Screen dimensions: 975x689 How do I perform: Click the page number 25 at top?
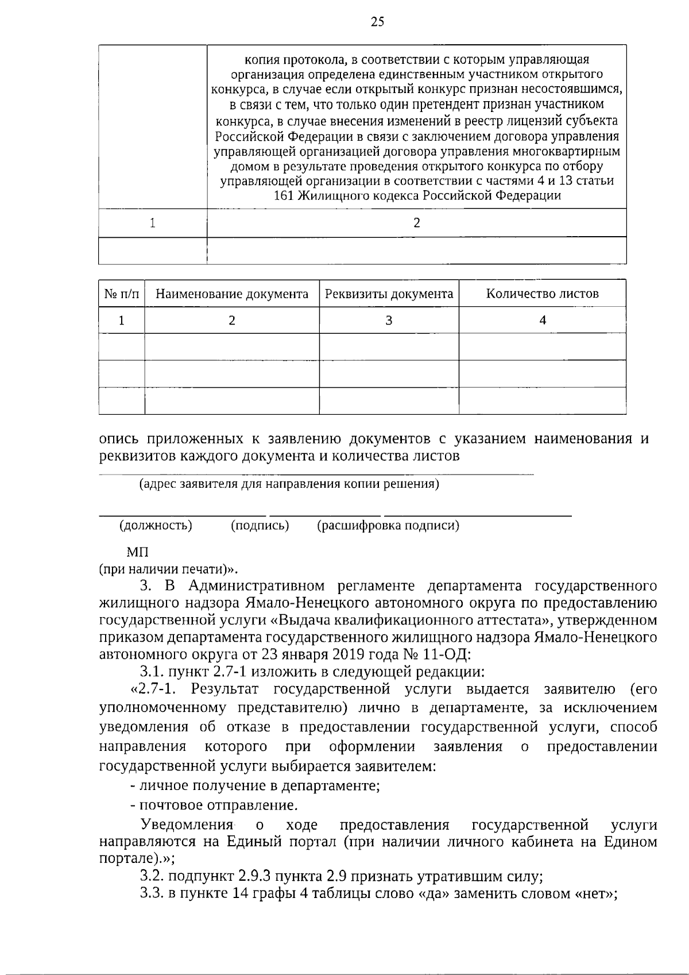coord(377,22)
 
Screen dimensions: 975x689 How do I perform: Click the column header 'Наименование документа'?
coord(232,294)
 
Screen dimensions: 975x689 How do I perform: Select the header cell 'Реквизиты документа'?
coord(389,294)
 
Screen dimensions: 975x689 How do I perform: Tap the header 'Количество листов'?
coord(542,294)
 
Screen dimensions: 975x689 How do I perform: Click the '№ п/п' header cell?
coord(122,294)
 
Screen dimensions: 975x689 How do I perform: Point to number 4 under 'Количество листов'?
coord(542,321)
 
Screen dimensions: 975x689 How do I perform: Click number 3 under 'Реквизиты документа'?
coord(389,321)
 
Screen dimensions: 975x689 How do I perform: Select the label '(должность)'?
coord(155,525)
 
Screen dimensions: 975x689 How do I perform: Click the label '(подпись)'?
coord(260,525)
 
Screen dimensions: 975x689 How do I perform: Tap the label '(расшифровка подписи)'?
coord(388,525)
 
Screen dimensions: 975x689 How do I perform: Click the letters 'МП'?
coord(137,553)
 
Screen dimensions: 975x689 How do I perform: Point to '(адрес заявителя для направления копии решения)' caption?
coord(289,484)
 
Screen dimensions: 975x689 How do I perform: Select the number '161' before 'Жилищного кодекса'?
coord(284,196)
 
